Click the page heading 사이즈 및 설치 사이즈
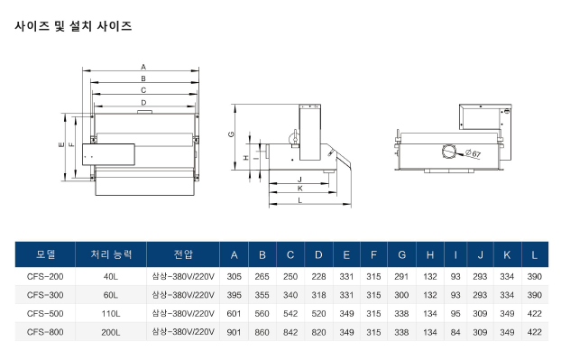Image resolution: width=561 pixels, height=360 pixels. pos(73,26)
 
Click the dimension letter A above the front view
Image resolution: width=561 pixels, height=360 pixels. pos(143,67)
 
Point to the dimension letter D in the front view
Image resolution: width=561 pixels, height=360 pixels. pos(143,103)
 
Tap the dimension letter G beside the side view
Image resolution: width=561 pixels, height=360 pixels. pos(231,134)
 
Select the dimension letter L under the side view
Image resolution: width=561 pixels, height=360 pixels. pos(299,200)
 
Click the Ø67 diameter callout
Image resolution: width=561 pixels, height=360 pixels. pos(473,153)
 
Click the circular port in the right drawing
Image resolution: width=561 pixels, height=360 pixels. pos(448,152)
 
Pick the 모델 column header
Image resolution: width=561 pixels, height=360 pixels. pos(45,254)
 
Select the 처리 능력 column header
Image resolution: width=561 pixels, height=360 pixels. pos(111,254)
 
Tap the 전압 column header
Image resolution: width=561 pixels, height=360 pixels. pos(183,254)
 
